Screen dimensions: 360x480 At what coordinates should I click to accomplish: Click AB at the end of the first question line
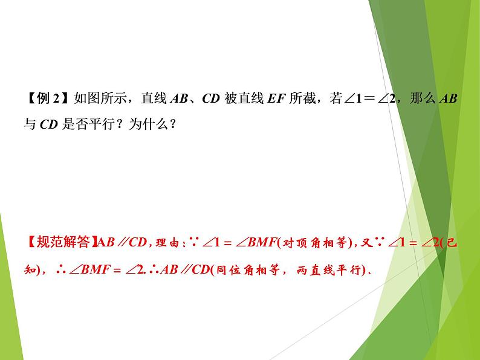tap(448, 98)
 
